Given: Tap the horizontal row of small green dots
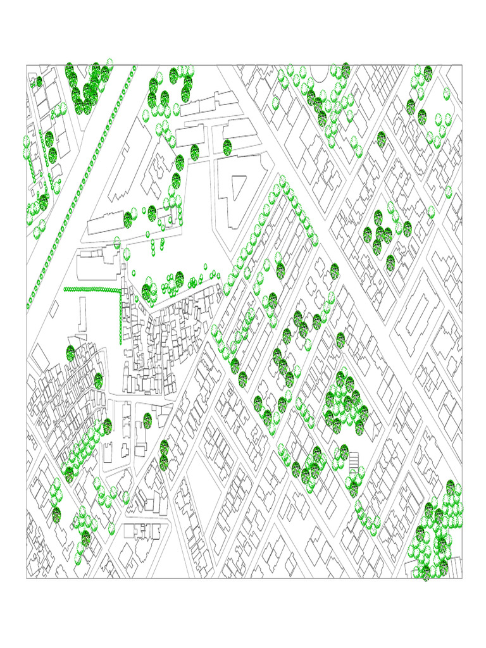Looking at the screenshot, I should pyautogui.click(x=92, y=289).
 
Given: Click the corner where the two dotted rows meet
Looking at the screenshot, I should pyautogui.click(x=120, y=290).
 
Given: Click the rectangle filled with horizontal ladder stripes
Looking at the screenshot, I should pyautogui.click(x=354, y=458).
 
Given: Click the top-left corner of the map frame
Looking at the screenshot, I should pyautogui.click(x=27, y=65).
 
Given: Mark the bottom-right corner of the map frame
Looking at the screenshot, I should pyautogui.click(x=462, y=578).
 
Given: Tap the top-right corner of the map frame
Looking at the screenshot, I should pyautogui.click(x=462, y=65).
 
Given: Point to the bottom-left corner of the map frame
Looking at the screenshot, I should pyautogui.click(x=27, y=578).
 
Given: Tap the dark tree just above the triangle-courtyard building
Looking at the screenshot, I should pyautogui.click(x=227, y=147).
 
